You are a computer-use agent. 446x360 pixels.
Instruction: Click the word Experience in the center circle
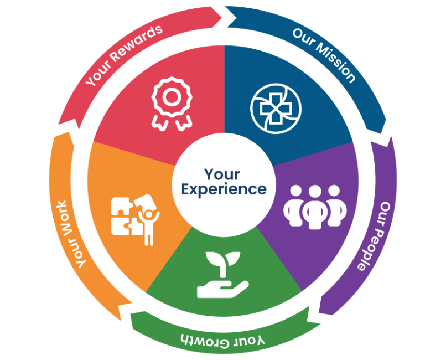click(224, 189)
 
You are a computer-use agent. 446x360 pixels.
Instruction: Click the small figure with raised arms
click(148, 224)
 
